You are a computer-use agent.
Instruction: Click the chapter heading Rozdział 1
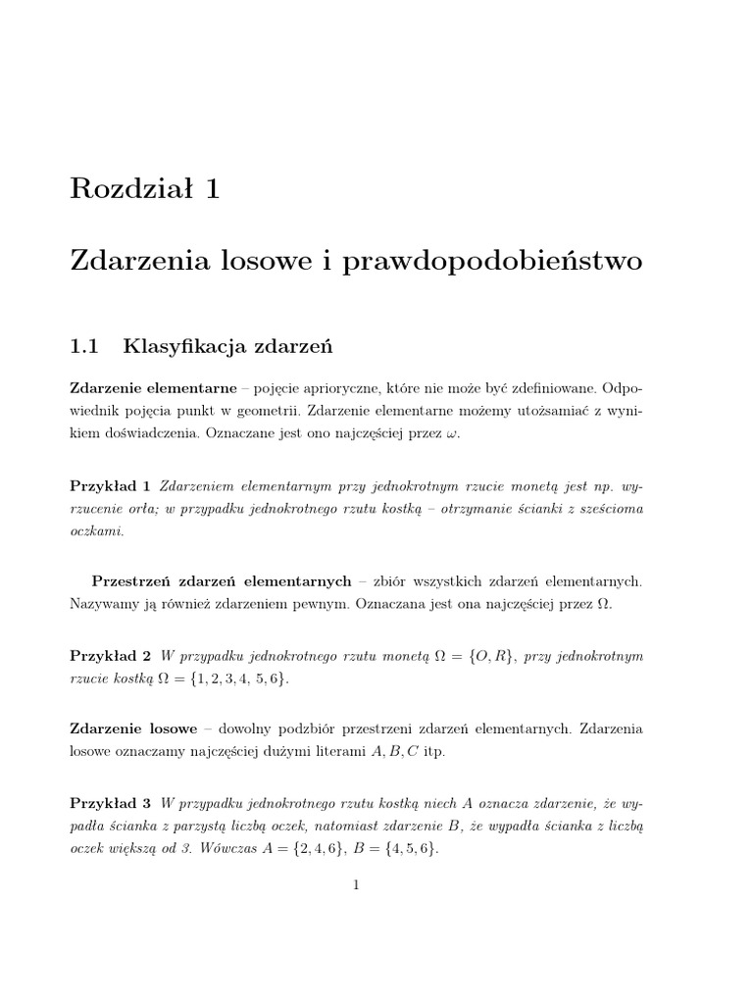145,188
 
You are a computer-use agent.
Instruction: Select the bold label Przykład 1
110,485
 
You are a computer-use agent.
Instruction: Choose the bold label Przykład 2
110,655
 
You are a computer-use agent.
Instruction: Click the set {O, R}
487,655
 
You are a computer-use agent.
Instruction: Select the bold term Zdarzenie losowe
134,729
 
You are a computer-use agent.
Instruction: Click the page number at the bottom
357,885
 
